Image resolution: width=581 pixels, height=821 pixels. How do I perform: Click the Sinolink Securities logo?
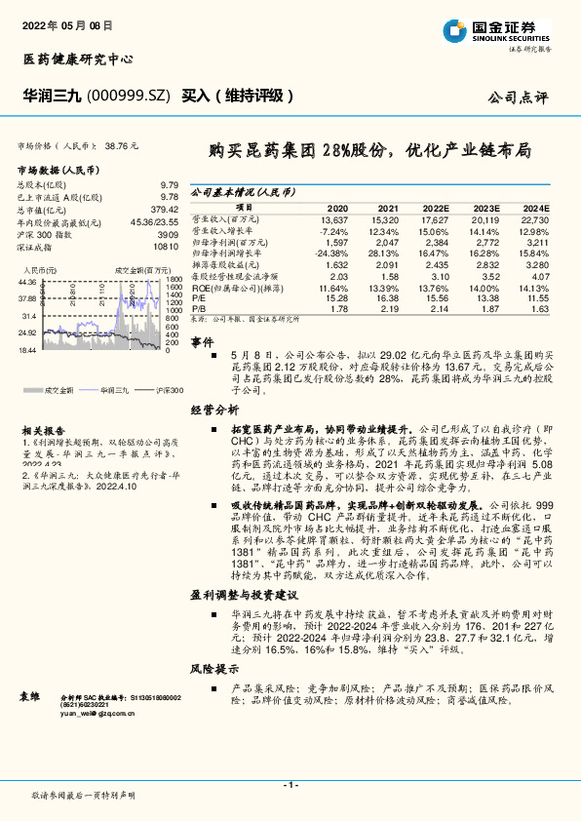tap(502, 29)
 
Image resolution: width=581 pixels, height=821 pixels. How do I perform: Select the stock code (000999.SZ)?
tap(130, 96)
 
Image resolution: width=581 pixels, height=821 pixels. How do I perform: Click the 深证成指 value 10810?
tap(168, 248)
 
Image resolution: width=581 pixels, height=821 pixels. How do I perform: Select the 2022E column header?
tap(436, 209)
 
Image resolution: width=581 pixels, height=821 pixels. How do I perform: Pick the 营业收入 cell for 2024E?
tap(535, 219)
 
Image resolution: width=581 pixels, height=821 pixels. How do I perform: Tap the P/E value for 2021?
tap(387, 300)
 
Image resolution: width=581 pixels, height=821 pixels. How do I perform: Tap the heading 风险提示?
tap(214, 668)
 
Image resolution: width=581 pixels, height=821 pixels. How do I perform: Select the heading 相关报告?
tap(44, 429)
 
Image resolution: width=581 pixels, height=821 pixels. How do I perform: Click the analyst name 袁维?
tap(30, 696)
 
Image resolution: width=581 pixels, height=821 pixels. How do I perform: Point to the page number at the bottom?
tap(290, 785)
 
